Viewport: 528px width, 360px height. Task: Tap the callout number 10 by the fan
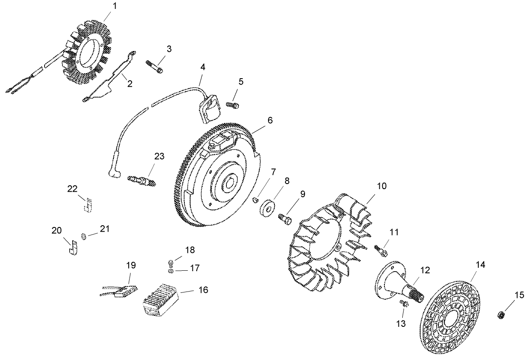point(381,186)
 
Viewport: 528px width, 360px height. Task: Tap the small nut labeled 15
point(501,315)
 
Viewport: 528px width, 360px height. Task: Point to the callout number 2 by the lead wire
point(130,83)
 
